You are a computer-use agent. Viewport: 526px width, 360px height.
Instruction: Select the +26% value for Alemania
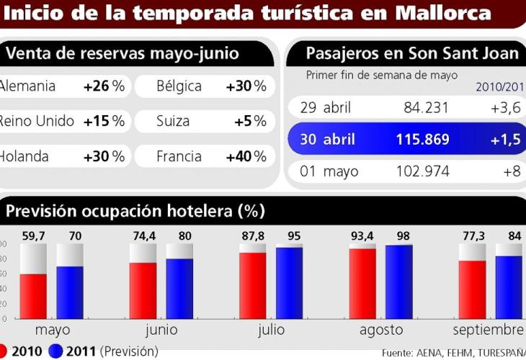click(x=104, y=86)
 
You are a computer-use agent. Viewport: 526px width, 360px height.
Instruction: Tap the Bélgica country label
click(x=179, y=86)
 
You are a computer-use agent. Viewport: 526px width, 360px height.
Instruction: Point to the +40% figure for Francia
click(x=246, y=156)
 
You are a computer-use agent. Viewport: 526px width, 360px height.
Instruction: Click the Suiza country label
click(x=173, y=121)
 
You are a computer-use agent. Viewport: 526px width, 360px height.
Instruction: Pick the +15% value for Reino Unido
click(x=104, y=121)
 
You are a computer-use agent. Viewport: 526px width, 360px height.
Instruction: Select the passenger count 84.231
click(x=426, y=108)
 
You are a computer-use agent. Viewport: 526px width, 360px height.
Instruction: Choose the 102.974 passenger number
click(x=424, y=171)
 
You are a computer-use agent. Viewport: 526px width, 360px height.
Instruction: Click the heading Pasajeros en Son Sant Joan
click(x=411, y=53)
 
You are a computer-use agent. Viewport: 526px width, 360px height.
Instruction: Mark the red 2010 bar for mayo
click(x=33, y=295)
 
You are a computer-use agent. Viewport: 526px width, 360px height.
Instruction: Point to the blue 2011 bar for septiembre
click(x=508, y=287)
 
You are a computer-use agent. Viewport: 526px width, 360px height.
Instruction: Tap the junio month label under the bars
click(x=161, y=330)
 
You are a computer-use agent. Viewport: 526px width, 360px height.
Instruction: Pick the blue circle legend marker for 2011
click(x=56, y=351)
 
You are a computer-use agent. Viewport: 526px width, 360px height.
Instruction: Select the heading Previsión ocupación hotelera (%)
click(x=135, y=211)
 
